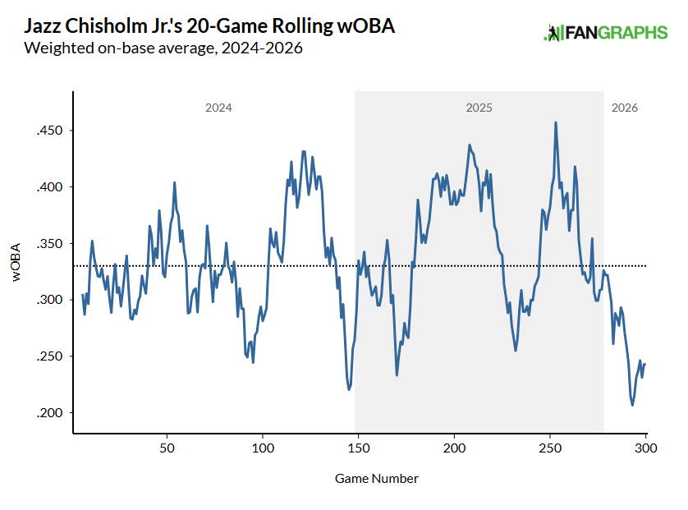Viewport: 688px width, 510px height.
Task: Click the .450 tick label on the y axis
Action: tap(51, 131)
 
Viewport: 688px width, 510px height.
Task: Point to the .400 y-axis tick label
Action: tap(51, 187)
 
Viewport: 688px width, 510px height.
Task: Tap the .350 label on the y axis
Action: tap(51, 244)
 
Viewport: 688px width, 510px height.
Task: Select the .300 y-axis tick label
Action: tap(51, 300)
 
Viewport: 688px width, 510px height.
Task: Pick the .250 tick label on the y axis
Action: tap(51, 356)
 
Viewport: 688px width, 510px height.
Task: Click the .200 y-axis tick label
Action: tap(51, 412)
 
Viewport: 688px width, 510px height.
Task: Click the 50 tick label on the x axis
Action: tap(167, 449)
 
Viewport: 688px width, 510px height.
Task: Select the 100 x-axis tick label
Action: tap(263, 449)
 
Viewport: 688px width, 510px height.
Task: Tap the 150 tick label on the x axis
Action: tap(358, 449)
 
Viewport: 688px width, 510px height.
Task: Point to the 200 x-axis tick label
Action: tap(454, 449)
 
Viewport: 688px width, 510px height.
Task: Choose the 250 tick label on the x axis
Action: tap(550, 449)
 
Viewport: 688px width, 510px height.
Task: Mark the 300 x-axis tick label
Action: tap(645, 449)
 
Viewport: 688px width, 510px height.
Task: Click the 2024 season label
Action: tap(218, 108)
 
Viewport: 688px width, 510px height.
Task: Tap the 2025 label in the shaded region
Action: tap(479, 108)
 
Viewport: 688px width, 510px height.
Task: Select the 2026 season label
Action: tap(625, 108)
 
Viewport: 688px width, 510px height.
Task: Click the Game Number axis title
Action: tap(377, 478)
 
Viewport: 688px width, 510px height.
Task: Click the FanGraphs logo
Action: tap(606, 33)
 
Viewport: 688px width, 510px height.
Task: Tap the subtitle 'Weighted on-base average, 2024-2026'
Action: tap(164, 48)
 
